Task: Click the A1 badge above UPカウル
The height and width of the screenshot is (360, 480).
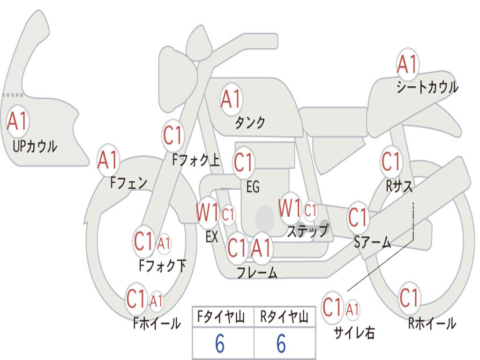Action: [x=18, y=121]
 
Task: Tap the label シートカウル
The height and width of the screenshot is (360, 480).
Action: [x=427, y=87]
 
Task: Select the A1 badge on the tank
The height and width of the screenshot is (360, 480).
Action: [x=231, y=99]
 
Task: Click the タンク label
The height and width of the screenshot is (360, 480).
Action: [x=250, y=122]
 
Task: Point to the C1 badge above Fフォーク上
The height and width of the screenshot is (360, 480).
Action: [x=173, y=135]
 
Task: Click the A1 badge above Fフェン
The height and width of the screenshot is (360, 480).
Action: [x=108, y=160]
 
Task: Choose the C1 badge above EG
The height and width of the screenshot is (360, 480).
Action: [x=244, y=162]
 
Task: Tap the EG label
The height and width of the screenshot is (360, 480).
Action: [x=253, y=187]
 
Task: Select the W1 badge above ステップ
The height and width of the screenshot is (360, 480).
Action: [x=290, y=209]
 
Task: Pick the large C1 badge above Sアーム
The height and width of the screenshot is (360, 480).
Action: [x=358, y=217]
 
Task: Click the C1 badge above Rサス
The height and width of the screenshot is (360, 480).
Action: [x=391, y=161]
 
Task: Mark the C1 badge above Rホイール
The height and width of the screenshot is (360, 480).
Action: [x=409, y=298]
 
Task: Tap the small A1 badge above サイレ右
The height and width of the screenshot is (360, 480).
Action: [x=352, y=309]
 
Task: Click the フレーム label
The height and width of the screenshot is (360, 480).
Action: [x=257, y=272]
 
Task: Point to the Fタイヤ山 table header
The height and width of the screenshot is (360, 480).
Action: [x=221, y=317]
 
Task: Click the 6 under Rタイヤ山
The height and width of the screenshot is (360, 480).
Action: [x=281, y=344]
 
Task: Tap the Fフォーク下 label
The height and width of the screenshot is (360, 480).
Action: [x=163, y=265]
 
